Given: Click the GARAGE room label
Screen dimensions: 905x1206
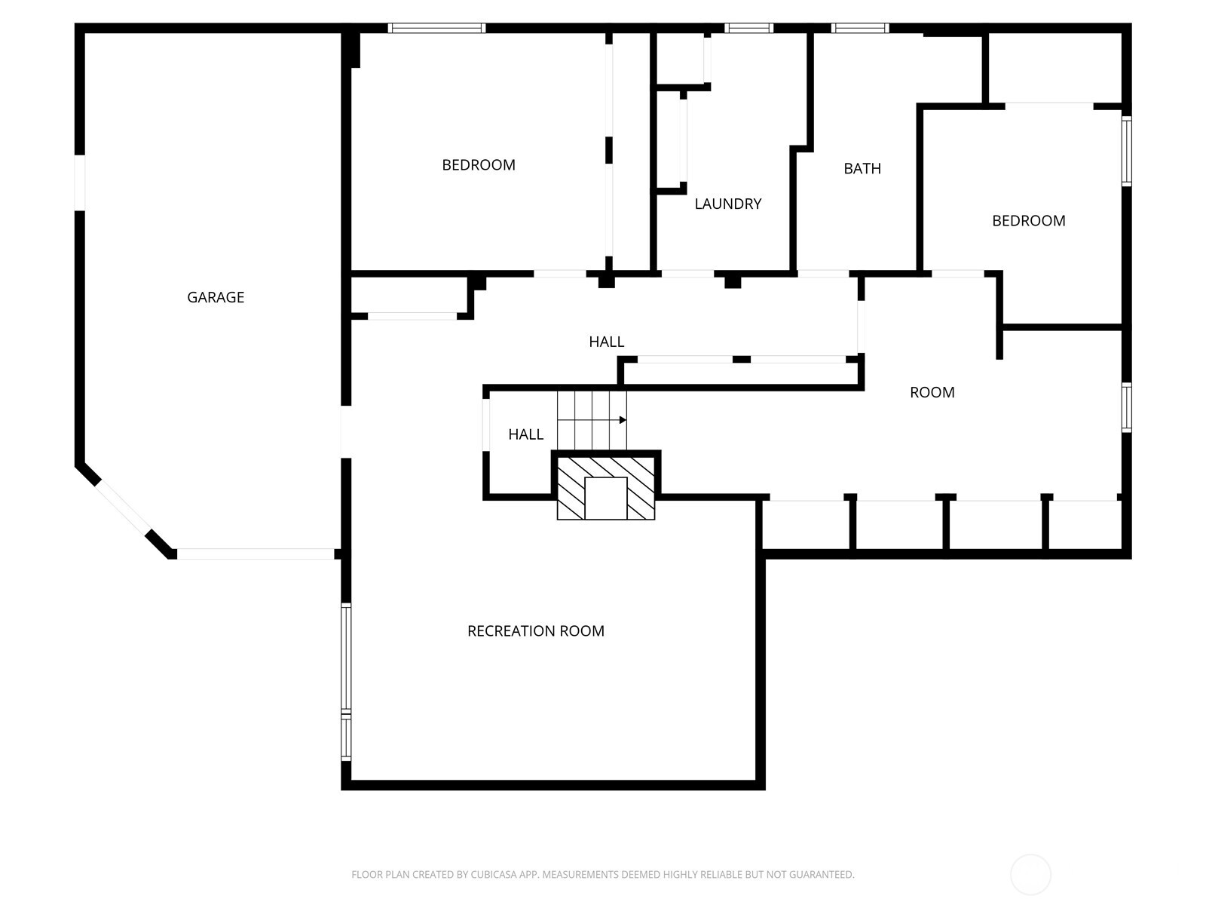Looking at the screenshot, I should point(216,297).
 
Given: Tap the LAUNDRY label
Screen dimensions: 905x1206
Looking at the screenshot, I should point(727,204).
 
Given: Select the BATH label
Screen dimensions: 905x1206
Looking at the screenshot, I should point(862,168).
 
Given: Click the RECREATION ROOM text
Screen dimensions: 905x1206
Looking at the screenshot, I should point(535,630).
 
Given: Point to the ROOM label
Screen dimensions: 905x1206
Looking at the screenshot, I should point(932,392).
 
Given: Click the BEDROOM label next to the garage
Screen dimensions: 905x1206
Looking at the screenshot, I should point(478,164).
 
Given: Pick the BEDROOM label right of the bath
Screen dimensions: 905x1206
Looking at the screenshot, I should point(1028,220).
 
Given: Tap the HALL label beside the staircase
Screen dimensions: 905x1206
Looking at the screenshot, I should point(525,434).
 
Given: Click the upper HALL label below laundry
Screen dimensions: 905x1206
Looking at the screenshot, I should point(606,342).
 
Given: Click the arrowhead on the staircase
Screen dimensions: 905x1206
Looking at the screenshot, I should point(623,420).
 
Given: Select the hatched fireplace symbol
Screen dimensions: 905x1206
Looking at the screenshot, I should point(606,486).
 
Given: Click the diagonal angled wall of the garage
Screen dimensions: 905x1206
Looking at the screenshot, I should point(124,509).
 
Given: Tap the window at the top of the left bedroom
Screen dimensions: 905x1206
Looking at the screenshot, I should point(436,29).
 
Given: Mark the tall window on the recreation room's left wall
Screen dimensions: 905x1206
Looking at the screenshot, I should point(346,658).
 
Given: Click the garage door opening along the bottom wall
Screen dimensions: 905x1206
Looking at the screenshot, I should point(256,554).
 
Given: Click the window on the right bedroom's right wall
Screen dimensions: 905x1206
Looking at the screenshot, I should point(1126,151).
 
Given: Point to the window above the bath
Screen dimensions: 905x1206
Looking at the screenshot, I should point(860,29).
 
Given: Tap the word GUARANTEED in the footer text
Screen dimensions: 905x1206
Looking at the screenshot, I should point(823,875).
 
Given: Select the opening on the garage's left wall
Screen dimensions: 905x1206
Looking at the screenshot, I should point(79,183).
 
